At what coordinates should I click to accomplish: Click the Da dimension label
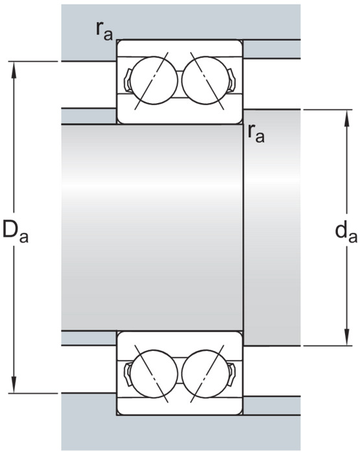pos(16,232)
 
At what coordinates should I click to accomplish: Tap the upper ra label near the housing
pos(104,31)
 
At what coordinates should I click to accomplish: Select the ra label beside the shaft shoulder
pos(256,134)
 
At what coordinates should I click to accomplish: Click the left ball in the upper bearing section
pos(154,80)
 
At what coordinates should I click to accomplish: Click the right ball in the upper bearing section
pos(206,80)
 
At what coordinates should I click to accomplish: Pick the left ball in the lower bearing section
pos(154,374)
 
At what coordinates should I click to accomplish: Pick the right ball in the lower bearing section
pos(206,374)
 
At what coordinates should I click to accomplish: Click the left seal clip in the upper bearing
pos(128,80)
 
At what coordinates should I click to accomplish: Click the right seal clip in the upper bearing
pos(231,80)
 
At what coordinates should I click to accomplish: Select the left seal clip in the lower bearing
pos(128,374)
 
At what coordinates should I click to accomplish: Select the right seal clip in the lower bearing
pos(231,374)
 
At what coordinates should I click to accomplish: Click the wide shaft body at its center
pos(152,227)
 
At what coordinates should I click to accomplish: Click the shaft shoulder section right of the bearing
pos(272,227)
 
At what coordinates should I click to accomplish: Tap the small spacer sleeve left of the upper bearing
pos(89,116)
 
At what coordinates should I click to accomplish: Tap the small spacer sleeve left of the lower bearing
pos(89,338)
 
